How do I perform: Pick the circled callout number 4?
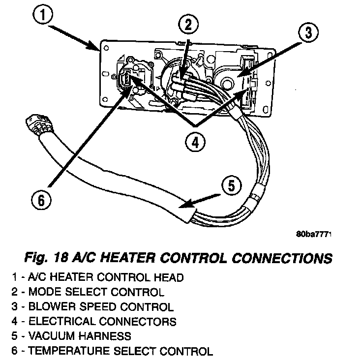[x=196, y=142]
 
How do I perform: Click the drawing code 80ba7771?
[x=314, y=235]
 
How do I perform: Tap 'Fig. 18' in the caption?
[x=50, y=258]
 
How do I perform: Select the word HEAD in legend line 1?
[x=170, y=277]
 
